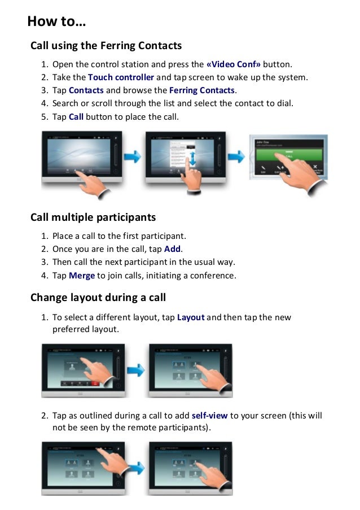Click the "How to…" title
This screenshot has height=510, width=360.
56,22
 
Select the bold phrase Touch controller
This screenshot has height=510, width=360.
121,77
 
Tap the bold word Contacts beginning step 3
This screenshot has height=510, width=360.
86,90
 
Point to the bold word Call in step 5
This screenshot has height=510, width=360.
76,117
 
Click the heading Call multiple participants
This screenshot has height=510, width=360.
93,217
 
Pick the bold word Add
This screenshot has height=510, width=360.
173,249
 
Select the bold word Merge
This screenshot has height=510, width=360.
82,276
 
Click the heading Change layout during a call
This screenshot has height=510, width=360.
98,298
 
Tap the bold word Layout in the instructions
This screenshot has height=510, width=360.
190,317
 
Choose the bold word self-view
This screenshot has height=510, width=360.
209,416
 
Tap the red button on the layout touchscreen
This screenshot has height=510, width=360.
95,383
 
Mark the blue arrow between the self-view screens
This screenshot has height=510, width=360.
135,469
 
